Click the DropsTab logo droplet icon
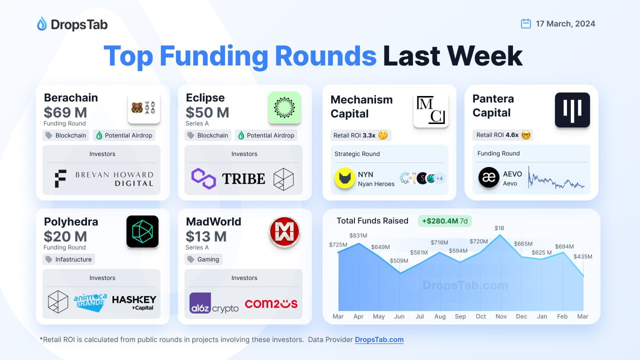pos(42,24)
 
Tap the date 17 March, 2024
pos(565,23)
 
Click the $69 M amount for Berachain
pos(65,112)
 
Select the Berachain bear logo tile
pos(144,108)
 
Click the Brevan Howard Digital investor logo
pos(104,179)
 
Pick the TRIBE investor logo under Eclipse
pos(243,179)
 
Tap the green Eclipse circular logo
pos(284,107)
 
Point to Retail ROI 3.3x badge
pos(360,135)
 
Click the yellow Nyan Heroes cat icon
pos(345,178)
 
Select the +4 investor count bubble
pos(439,178)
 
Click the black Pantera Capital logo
pos(572,110)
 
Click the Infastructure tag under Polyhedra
pos(68,259)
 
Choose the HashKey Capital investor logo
pos(134,303)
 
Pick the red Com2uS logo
pos(271,303)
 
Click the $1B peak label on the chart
pos(500,228)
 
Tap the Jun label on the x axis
pos(399,316)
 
